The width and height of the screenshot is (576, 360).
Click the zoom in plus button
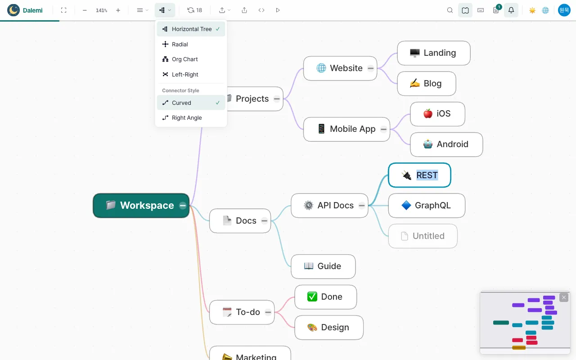(118, 10)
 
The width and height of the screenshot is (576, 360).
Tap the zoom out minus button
(85, 10)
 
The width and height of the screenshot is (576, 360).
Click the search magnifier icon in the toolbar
(450, 10)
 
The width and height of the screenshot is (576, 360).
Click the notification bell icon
(511, 10)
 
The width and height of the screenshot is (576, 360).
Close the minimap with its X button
(564, 297)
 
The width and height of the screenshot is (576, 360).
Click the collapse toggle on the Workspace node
(183, 206)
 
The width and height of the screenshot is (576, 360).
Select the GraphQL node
(427, 206)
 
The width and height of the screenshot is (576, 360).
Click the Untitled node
(423, 236)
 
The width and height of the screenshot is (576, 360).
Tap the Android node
(446, 144)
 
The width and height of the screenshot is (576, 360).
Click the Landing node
(434, 53)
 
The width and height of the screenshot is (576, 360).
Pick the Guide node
(323, 266)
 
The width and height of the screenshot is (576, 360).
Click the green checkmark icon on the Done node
(312, 297)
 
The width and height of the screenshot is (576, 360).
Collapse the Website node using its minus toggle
(370, 68)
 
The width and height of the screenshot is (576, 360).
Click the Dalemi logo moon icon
(13, 10)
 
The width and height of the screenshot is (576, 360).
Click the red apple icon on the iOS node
(428, 113)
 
